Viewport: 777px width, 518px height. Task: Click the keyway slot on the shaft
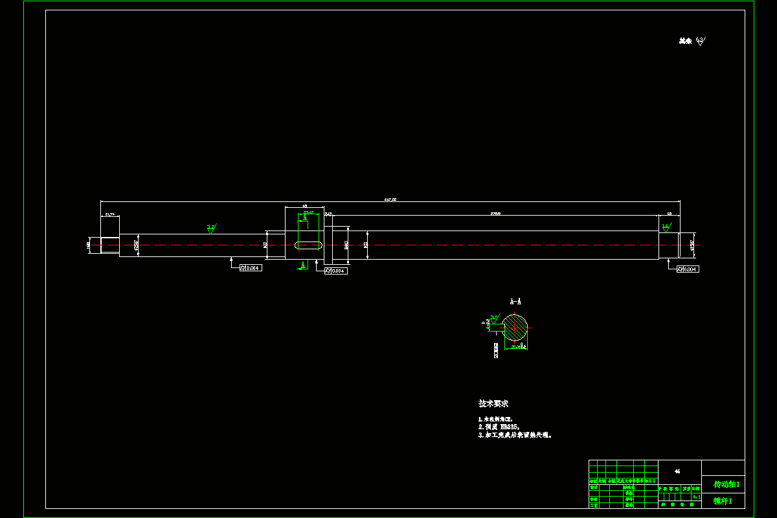(309, 245)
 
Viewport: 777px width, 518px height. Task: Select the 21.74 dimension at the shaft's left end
(109, 214)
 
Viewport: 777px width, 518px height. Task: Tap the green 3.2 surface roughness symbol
(211, 228)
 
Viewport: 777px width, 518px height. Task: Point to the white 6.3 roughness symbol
(701, 41)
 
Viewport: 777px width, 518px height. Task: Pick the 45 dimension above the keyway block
(304, 206)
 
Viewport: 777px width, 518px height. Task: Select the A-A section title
(515, 302)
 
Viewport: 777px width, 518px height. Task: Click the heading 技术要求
(493, 403)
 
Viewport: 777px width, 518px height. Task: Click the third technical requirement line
(515, 436)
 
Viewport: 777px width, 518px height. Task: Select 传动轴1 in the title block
(726, 484)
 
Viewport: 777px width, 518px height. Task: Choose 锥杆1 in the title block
(723, 501)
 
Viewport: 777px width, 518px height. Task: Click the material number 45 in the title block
(677, 471)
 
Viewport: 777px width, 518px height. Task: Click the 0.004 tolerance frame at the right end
(688, 269)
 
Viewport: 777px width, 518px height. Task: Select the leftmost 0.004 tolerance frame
(251, 267)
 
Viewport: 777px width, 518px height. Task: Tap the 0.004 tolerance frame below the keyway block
(335, 271)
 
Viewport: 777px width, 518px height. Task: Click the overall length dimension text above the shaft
(390, 199)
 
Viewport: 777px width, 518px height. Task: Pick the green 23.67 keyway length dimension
(308, 212)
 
